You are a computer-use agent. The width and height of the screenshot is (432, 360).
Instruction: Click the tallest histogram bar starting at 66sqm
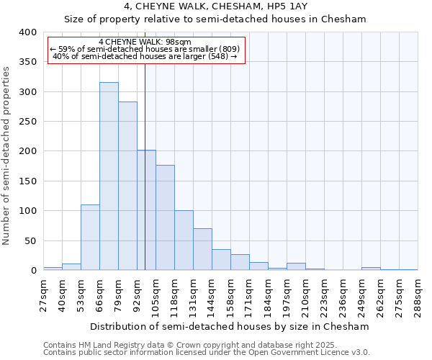109,176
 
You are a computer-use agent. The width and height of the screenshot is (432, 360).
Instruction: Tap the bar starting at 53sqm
90,238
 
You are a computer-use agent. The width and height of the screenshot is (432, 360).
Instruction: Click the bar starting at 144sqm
221,260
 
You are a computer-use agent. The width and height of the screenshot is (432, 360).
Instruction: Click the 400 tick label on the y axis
27,32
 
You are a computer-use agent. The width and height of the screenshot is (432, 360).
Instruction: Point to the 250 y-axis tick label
27,122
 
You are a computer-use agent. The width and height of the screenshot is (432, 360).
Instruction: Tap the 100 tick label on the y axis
27,211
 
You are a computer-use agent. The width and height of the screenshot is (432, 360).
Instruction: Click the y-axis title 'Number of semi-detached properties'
7,155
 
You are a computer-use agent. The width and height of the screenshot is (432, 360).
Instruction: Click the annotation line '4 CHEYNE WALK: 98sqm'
145,42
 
